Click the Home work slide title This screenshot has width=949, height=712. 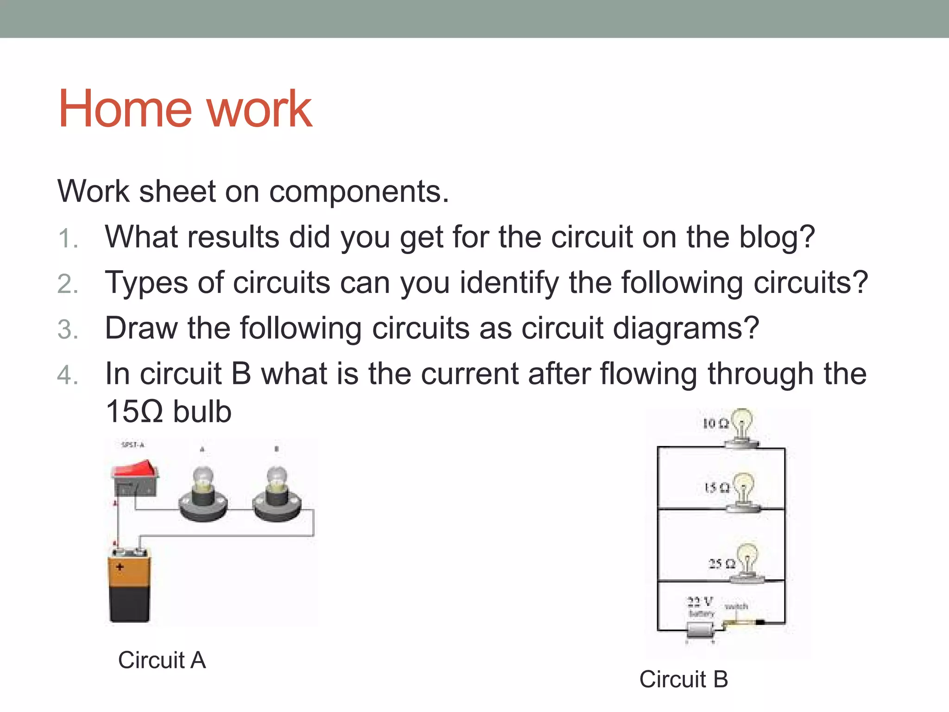tap(184, 109)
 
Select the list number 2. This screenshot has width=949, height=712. tap(67, 284)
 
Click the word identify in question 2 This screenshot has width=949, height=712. tap(509, 283)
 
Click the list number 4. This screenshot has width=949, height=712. tap(67, 375)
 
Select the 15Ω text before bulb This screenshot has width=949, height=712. tap(134, 412)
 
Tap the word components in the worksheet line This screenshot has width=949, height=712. tap(359, 191)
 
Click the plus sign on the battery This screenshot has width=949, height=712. tap(120, 567)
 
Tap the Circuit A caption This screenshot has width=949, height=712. tap(162, 660)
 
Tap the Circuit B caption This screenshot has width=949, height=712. tap(683, 679)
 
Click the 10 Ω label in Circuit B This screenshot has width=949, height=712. tap(715, 423)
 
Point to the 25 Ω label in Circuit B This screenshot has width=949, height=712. tap(721, 564)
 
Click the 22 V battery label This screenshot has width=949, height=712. tap(700, 602)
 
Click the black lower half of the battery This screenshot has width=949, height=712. tap(130, 603)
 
